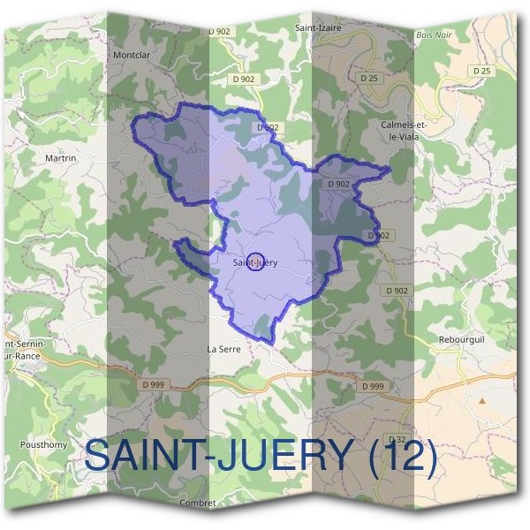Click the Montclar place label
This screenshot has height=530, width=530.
[x=130, y=53]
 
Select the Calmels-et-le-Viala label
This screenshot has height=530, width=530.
[x=404, y=131]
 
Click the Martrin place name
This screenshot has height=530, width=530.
[x=61, y=157]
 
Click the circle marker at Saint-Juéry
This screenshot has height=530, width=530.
[x=254, y=261]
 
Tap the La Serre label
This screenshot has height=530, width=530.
[x=223, y=349]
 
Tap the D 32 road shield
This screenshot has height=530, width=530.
[x=397, y=439]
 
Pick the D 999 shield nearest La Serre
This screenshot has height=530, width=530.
[x=153, y=385]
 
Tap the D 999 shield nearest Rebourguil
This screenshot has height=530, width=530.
[x=373, y=386]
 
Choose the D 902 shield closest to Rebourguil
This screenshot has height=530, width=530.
[x=397, y=290]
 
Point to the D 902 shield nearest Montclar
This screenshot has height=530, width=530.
[x=219, y=32]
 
